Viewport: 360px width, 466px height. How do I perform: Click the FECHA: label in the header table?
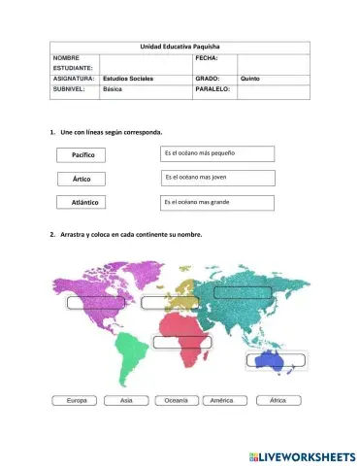[x=207, y=58]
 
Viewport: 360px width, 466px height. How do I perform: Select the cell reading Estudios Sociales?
[x=128, y=78]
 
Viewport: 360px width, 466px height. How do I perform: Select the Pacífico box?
[x=82, y=154]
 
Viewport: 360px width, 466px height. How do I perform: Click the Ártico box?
[x=82, y=179]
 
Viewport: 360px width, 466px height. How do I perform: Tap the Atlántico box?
[x=82, y=202]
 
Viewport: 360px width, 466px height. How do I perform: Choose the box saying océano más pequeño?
[x=217, y=153]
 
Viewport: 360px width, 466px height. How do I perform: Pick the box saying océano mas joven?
[x=217, y=178]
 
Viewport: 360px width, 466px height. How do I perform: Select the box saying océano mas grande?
[x=217, y=202]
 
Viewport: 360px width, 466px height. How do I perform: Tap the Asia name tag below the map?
[x=126, y=400]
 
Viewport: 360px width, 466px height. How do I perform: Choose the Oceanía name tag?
[x=176, y=400]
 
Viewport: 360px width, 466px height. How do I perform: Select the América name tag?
[x=222, y=400]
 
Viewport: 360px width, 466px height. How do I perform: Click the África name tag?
[x=278, y=400]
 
